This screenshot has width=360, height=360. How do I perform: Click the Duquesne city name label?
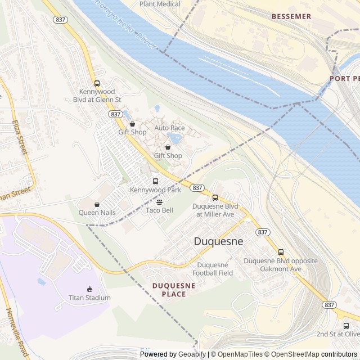218,241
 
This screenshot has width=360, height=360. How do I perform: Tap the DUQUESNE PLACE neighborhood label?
174,290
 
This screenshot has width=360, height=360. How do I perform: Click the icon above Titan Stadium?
89,289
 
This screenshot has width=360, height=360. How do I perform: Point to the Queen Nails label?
97,213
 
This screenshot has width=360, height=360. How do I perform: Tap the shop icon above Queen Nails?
97,204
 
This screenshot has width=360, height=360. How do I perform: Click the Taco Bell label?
159,210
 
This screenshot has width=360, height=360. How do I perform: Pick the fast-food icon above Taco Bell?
159,201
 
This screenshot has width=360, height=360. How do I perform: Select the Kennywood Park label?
155,190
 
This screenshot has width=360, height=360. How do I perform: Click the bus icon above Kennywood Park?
155,181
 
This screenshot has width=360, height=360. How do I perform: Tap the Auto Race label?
169,128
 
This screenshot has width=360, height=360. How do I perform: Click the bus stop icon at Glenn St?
97,83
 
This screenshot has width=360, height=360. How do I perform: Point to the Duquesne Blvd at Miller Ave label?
215,210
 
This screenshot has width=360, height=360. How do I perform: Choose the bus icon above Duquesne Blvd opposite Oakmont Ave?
281,252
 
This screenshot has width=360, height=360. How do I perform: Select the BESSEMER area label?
291,17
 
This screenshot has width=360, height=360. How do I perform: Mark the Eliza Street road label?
19,137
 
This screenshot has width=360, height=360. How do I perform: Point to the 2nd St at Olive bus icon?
346,325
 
